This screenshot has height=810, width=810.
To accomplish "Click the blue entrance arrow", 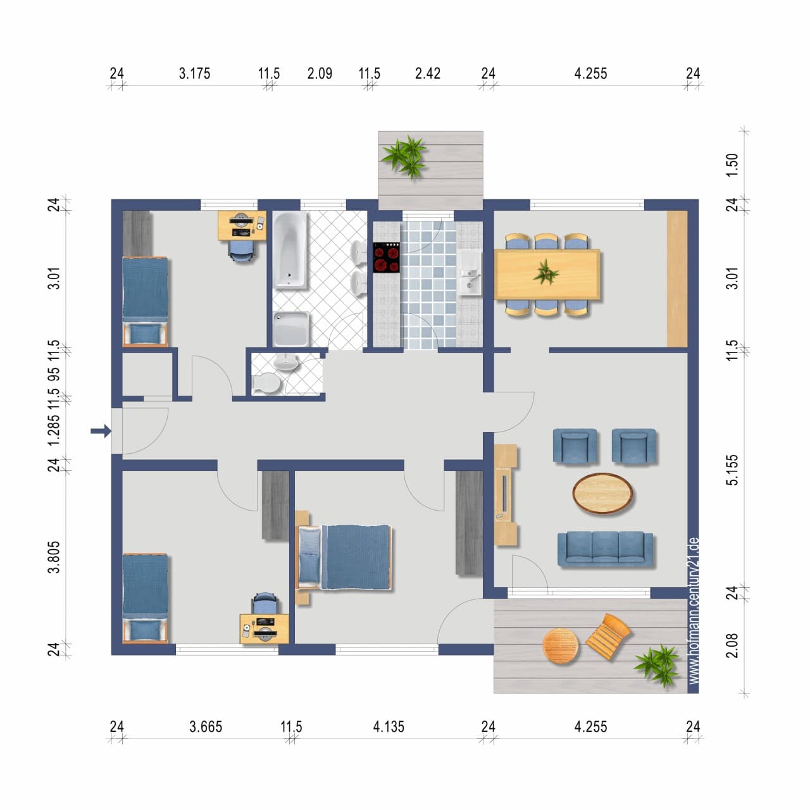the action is (101, 431).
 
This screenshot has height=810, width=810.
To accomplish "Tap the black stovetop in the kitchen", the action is (386, 258).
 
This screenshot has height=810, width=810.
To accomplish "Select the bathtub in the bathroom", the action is (290, 250).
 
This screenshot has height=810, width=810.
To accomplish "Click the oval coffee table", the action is (602, 494).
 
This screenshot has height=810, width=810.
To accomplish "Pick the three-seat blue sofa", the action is (606, 549).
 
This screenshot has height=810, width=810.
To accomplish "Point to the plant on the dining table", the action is (546, 272).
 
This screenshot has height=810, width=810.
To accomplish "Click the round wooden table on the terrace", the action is (560, 645).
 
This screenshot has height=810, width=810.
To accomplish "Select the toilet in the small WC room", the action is (266, 383).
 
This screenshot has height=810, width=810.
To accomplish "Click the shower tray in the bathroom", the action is (290, 328).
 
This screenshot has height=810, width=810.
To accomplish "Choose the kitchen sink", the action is (470, 273).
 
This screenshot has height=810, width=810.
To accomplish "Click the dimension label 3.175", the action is (195, 73).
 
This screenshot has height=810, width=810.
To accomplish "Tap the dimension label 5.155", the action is (732, 470).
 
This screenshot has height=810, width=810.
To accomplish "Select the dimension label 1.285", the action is (54, 430).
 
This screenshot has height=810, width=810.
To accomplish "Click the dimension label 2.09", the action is (320, 73).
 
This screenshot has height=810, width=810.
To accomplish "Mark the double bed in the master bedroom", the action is (344, 557).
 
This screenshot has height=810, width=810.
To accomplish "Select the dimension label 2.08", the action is (732, 645).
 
